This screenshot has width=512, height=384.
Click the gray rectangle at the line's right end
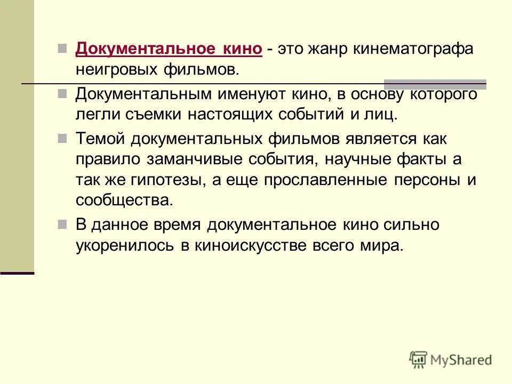[435, 84]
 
